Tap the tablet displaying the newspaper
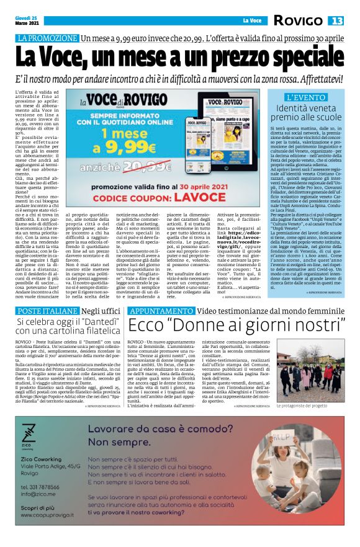coord(227,140)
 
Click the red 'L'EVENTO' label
coord(306,98)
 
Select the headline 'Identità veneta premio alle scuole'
coord(306,113)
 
